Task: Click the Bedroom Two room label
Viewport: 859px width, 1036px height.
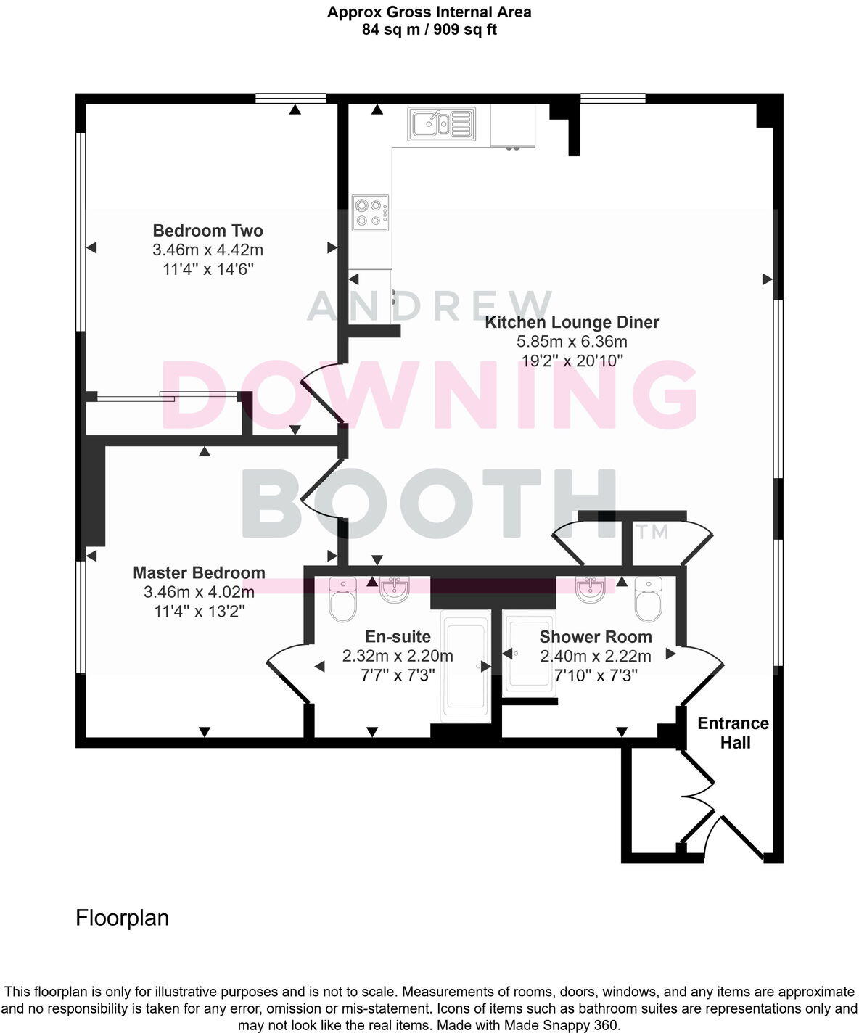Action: point(207,231)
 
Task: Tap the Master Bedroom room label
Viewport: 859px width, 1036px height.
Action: point(199,573)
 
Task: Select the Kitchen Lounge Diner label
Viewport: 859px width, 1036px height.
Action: point(572,322)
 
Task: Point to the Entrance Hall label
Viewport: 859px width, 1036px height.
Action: point(733,733)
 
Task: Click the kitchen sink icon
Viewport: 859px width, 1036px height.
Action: point(441,123)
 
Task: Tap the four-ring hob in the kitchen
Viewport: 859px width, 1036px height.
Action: point(370,213)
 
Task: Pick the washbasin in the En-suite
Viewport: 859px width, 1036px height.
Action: point(395,589)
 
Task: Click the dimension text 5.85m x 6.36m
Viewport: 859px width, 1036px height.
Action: point(572,342)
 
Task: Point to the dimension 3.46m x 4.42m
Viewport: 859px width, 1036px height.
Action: point(207,250)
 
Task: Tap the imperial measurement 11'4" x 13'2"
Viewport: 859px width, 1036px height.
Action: point(199,612)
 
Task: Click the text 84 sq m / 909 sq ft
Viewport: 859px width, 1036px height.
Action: point(429,30)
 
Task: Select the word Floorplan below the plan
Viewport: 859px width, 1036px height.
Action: point(122,918)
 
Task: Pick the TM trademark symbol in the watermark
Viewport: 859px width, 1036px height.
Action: point(651,532)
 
